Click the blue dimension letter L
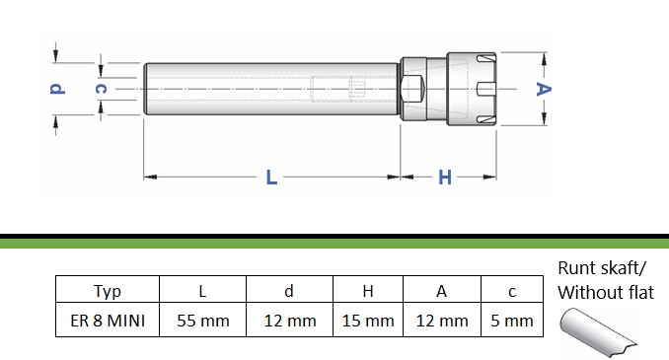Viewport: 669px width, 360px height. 271,177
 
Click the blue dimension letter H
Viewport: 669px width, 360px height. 445,177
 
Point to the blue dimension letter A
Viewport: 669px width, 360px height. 544,89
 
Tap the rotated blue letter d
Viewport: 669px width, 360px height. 57,89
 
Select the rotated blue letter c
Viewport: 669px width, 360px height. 101,89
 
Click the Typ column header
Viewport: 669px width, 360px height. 108,291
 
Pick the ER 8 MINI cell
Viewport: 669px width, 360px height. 108,321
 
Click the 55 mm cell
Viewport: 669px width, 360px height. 203,321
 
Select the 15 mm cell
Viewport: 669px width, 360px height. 368,321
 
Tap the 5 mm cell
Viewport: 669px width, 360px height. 512,321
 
